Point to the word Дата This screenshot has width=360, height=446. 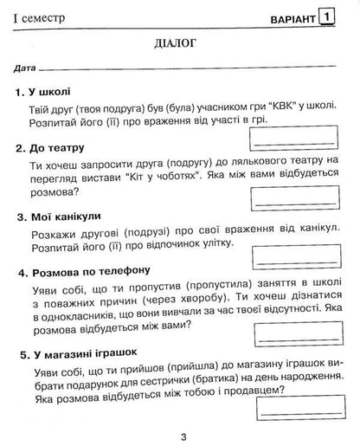[x=25, y=68]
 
